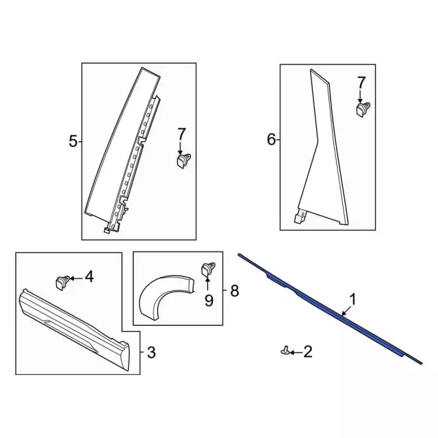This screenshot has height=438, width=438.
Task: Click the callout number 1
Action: tap(352, 298)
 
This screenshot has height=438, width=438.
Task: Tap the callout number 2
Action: tap(307, 352)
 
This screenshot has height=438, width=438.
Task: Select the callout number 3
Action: tap(152, 352)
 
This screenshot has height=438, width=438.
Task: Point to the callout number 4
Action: tap(89, 277)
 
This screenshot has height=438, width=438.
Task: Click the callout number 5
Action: tap(73, 142)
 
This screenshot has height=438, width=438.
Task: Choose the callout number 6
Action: tap(271, 140)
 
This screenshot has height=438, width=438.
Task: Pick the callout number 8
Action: tap(234, 292)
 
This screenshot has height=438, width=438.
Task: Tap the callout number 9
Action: tap(207, 300)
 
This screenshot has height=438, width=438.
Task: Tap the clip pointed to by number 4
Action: tap(62, 279)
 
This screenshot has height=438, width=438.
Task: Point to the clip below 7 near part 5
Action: tap(183, 160)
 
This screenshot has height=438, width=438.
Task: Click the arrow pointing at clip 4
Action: tap(75, 278)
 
